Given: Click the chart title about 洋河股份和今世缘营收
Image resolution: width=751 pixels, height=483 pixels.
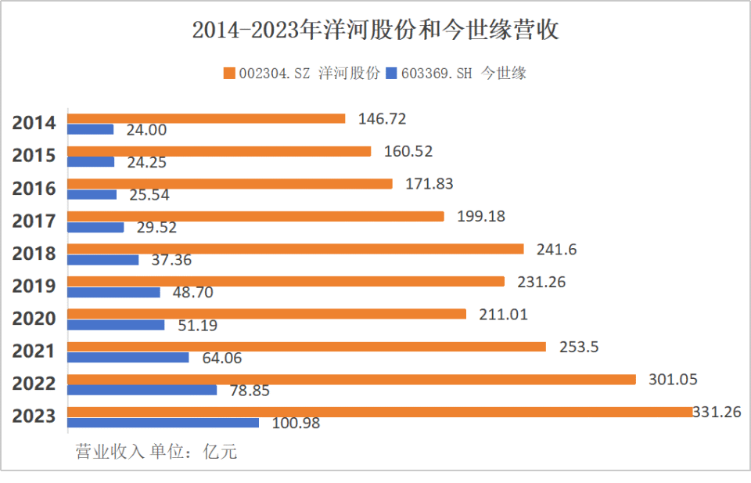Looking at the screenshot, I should pyautogui.click(x=375, y=31).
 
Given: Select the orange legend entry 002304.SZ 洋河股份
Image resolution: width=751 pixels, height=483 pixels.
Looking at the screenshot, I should pyautogui.click(x=301, y=74).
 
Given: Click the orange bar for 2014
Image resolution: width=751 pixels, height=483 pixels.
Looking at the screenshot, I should pyautogui.click(x=206, y=119).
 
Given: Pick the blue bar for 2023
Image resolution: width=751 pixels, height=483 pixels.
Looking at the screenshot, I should pyautogui.click(x=163, y=423).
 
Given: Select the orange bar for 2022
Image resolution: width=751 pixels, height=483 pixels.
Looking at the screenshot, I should pyautogui.click(x=351, y=380).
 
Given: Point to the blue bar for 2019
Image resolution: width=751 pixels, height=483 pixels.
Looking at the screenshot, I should pyautogui.click(x=113, y=293).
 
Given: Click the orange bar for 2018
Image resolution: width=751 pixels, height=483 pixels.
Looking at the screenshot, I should pyautogui.click(x=295, y=249).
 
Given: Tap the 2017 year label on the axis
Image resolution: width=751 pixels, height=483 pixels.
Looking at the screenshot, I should pyautogui.click(x=34, y=221).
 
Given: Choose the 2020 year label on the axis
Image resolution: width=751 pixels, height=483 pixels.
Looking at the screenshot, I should pyautogui.click(x=34, y=319).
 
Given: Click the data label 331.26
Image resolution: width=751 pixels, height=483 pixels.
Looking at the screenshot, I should pyautogui.click(x=716, y=411).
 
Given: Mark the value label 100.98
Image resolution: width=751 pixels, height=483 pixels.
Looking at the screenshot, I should pyautogui.click(x=296, y=424).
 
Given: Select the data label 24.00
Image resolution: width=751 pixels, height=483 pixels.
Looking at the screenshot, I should pyautogui.click(x=146, y=130).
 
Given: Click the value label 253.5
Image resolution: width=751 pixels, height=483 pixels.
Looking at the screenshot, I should pyautogui.click(x=579, y=347).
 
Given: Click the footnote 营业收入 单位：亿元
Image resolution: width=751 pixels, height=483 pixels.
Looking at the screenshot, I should pyautogui.click(x=156, y=452).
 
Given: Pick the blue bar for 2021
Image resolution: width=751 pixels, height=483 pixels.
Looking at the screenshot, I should pyautogui.click(x=128, y=358).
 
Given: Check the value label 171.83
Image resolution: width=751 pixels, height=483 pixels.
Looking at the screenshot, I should pyautogui.click(x=429, y=184).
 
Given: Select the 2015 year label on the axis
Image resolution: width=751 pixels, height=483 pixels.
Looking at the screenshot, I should pyautogui.click(x=34, y=155).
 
